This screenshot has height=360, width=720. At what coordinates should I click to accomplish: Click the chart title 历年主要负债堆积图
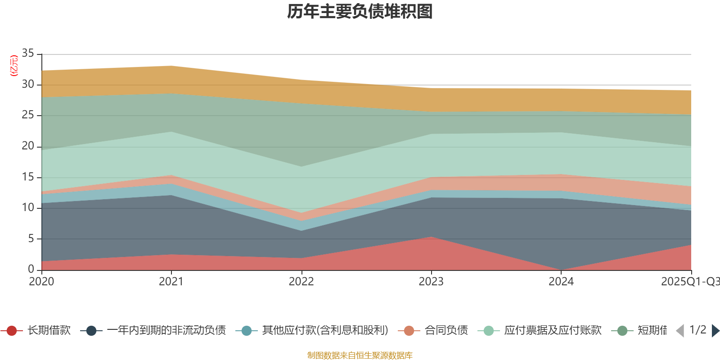pyautogui.click(x=360, y=12)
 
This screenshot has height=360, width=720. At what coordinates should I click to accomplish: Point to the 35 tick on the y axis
pyautogui.click(x=28, y=54)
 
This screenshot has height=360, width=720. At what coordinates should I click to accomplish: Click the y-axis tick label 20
pyautogui.click(x=28, y=146)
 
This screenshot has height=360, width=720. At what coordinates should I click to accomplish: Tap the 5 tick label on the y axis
pyautogui.click(x=31, y=239)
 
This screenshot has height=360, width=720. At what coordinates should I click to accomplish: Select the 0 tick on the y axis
pyautogui.click(x=31, y=270)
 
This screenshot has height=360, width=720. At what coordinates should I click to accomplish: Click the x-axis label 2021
pyautogui.click(x=171, y=282)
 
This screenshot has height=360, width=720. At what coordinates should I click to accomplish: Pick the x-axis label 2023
pyautogui.click(x=431, y=282)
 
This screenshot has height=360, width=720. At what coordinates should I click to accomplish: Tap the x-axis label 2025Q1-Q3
pyautogui.click(x=689, y=282)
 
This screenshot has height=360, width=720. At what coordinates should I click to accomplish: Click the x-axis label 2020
pyautogui.click(x=41, y=282)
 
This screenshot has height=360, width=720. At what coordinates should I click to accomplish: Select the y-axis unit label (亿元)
pyautogui.click(x=14, y=66)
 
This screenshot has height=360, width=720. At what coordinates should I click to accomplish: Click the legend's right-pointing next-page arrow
pyautogui.click(x=715, y=331)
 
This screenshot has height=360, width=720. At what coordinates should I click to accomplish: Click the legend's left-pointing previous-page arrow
pyautogui.click(x=680, y=331)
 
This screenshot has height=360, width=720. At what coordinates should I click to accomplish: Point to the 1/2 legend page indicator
pyautogui.click(x=697, y=330)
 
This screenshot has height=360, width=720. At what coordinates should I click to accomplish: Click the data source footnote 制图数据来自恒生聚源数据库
pyautogui.click(x=360, y=355)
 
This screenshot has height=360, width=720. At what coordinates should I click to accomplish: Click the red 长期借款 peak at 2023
pyautogui.click(x=431, y=238)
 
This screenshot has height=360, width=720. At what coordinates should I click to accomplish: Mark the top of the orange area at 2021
pyautogui.click(x=171, y=66)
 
